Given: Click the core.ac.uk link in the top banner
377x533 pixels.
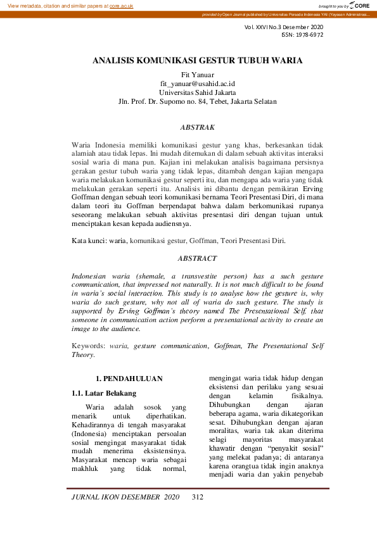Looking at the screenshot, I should click(x=122, y=5).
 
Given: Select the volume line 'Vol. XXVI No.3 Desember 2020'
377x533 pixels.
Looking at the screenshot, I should click(x=283, y=27).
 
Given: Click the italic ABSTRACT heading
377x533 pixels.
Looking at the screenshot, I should click(x=198, y=258).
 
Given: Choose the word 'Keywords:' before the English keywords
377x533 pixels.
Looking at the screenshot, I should click(x=89, y=346).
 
